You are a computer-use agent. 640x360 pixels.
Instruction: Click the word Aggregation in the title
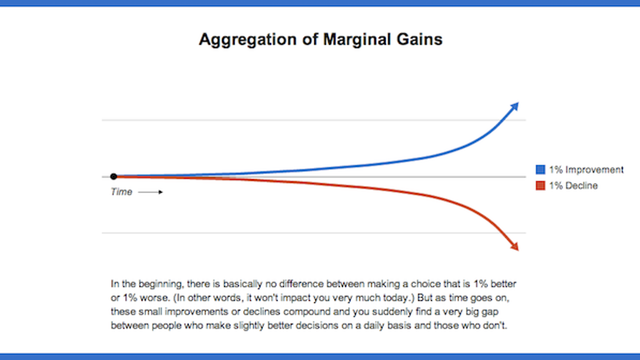coord(248,40)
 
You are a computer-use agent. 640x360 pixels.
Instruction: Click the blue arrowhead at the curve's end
coord(515,106)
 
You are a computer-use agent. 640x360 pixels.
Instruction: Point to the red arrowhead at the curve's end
coord(515,246)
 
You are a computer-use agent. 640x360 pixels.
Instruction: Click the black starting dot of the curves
coord(114,177)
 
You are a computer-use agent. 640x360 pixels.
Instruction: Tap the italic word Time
coord(122,191)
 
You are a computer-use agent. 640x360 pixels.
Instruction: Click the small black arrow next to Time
coord(150,192)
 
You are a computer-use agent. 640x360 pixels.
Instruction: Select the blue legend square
coord(540,170)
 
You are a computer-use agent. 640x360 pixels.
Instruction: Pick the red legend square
coord(540,186)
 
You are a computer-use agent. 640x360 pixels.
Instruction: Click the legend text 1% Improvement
coord(586,170)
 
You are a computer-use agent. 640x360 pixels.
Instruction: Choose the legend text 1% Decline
coord(573,186)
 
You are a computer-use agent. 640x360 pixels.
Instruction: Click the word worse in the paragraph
coord(154,298)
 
